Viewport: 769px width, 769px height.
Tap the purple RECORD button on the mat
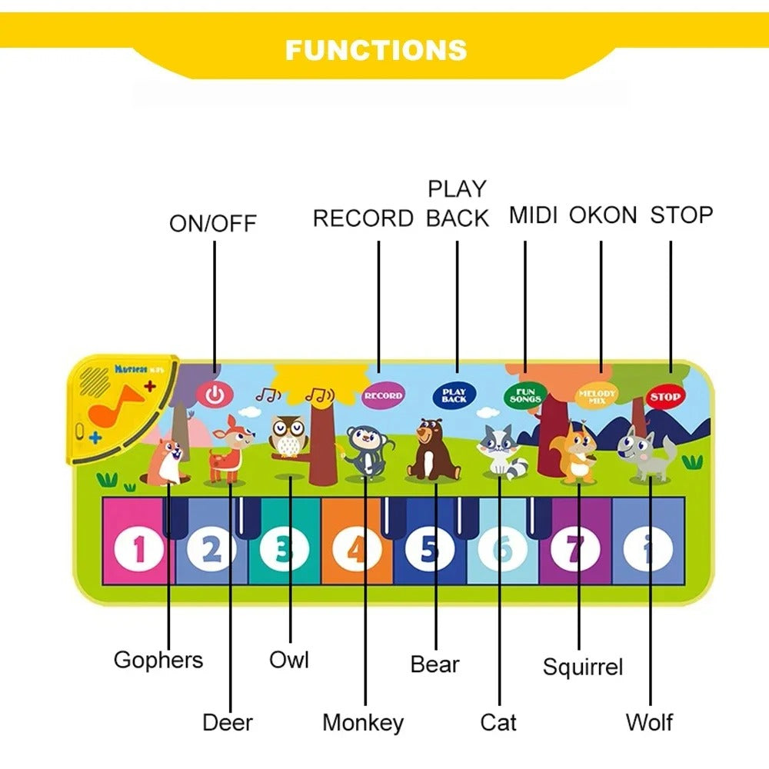point(382,395)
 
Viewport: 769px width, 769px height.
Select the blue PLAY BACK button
point(454,395)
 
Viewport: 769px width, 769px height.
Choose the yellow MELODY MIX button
point(598,395)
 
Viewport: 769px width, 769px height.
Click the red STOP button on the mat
point(664,397)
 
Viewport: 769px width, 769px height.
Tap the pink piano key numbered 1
point(138,549)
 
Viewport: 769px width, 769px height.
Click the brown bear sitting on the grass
point(432,450)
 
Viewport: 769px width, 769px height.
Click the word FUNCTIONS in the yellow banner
point(376,50)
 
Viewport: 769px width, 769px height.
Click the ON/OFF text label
point(213,224)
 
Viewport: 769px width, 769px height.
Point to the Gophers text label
point(158,660)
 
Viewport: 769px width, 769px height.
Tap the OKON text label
point(603,215)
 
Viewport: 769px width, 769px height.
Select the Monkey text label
point(363,723)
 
